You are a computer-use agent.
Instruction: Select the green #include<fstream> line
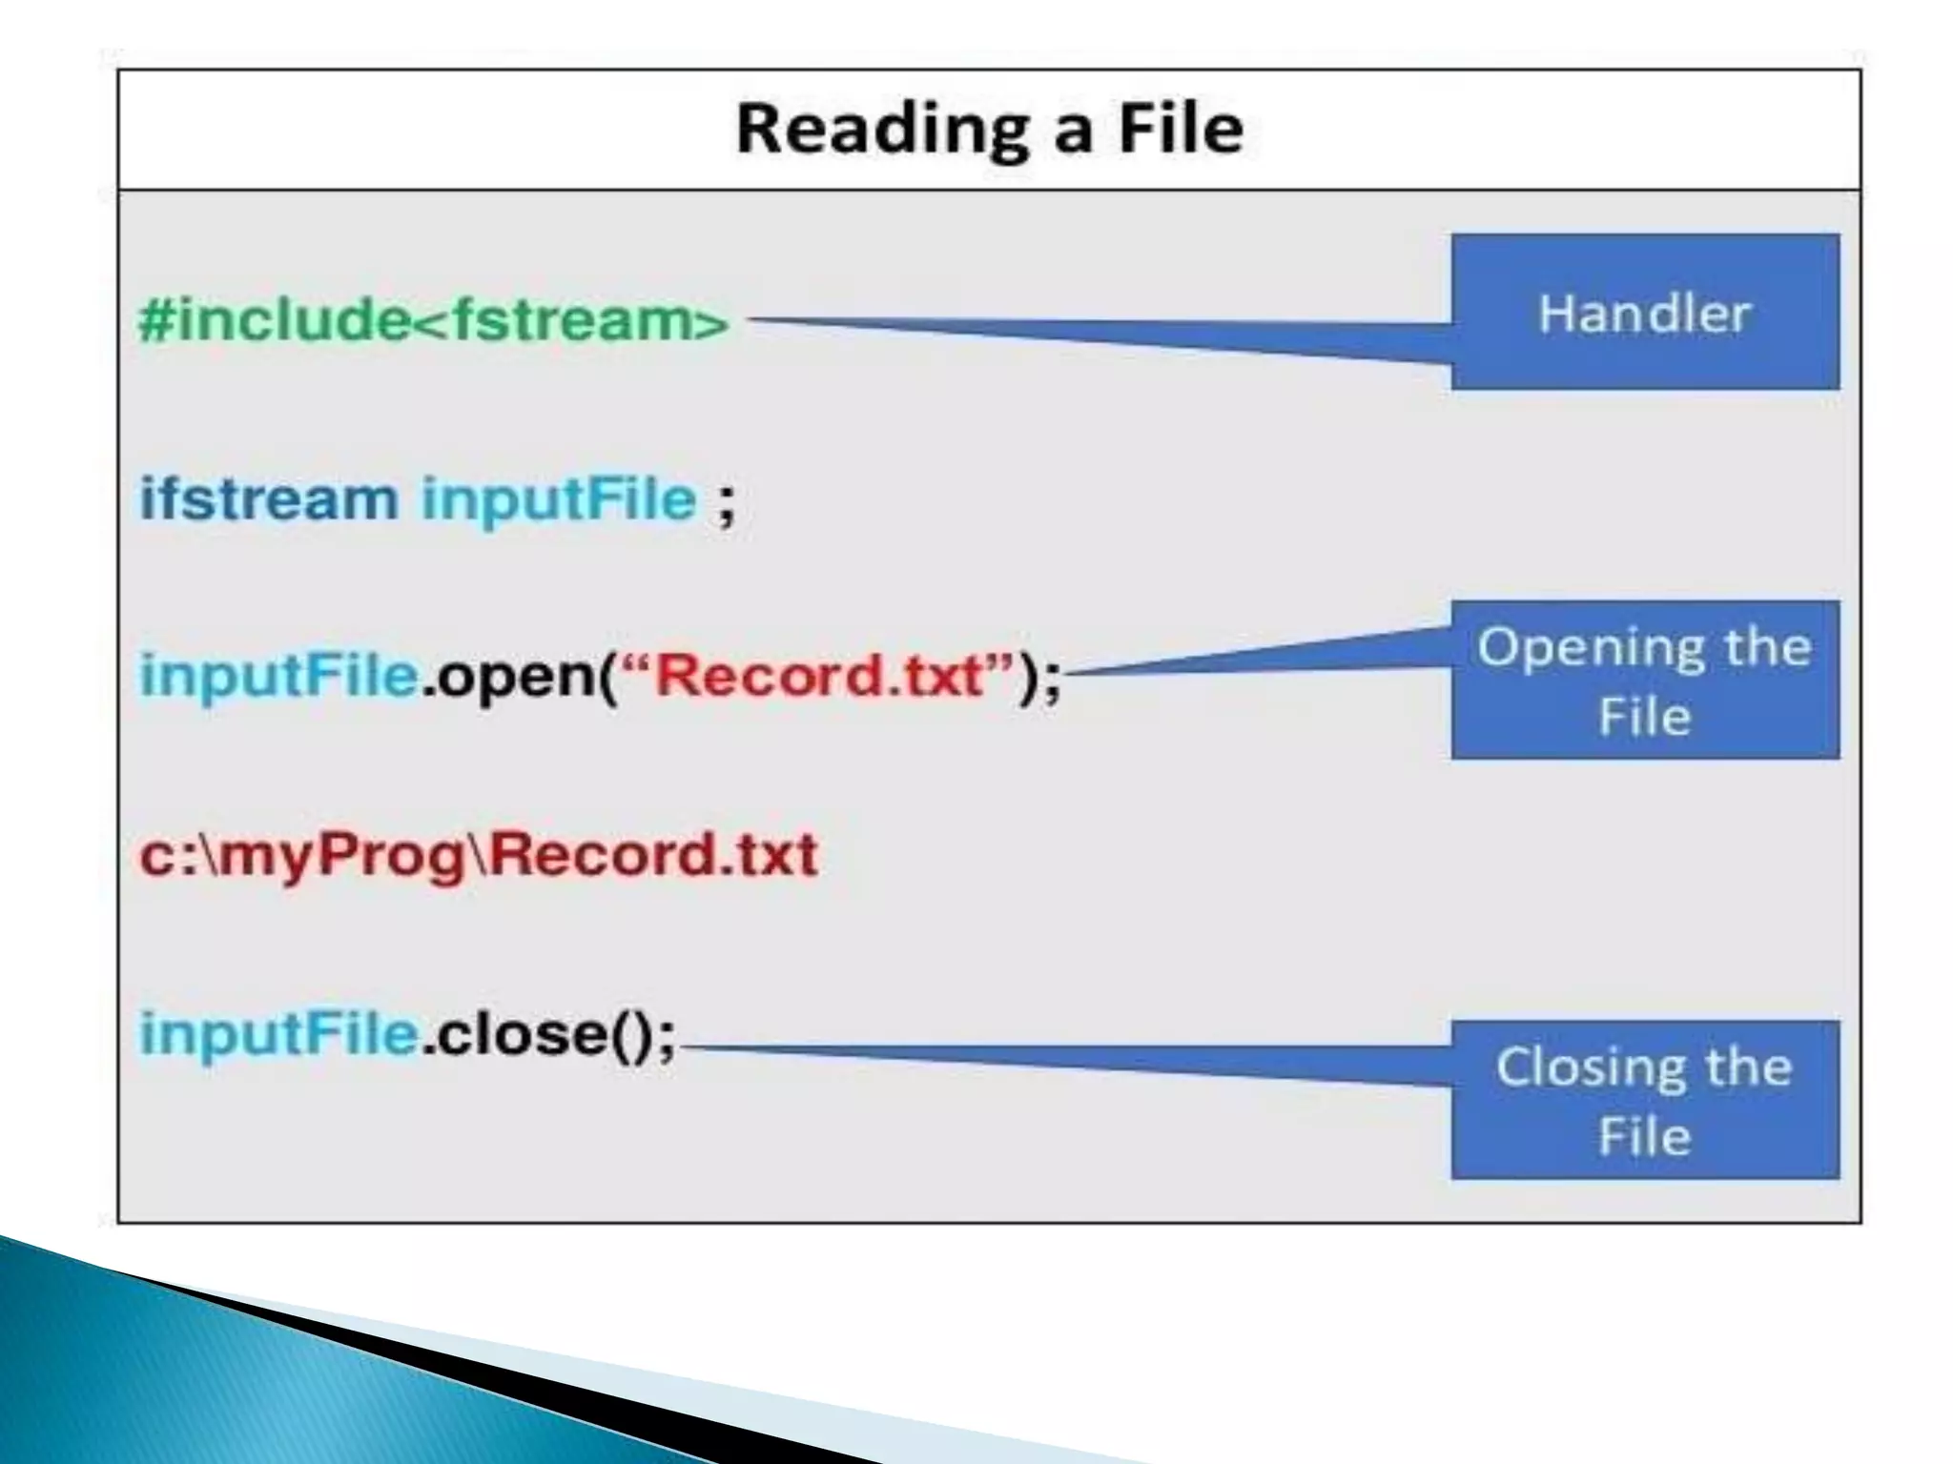[434, 319]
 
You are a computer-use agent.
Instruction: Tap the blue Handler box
[1645, 313]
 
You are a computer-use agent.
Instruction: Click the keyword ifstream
[269, 499]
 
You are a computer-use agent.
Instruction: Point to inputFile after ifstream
[559, 499]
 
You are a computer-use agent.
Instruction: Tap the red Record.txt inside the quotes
[819, 676]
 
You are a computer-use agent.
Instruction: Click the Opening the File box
[1645, 680]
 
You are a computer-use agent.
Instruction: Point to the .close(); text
[548, 1035]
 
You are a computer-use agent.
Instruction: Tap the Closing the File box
[1645, 1100]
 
